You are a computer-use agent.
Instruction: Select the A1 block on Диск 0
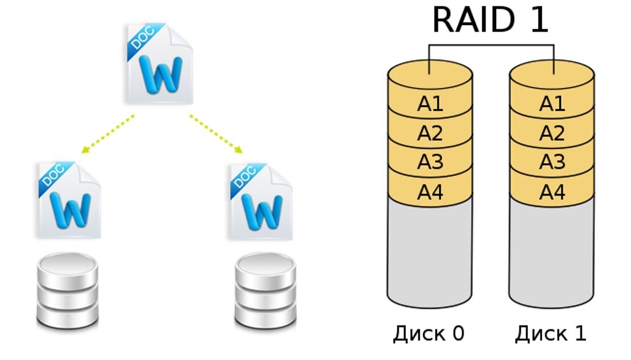point(430,104)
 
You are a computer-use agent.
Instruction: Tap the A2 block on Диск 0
point(430,133)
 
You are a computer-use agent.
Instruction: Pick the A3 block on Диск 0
point(430,163)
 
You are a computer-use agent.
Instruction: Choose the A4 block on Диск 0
point(430,192)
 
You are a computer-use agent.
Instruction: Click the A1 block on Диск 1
point(552,104)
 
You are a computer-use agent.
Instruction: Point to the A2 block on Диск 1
point(552,133)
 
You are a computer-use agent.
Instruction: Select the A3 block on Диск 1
point(552,163)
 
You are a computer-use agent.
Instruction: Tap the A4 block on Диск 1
point(552,192)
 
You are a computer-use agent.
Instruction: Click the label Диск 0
point(428,334)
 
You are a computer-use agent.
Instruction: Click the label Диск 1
point(550,334)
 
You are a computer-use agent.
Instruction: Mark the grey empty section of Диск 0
point(430,250)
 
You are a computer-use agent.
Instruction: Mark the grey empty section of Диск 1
point(552,250)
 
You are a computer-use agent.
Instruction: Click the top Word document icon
point(159,64)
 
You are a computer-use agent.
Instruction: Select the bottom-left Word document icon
point(69,200)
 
